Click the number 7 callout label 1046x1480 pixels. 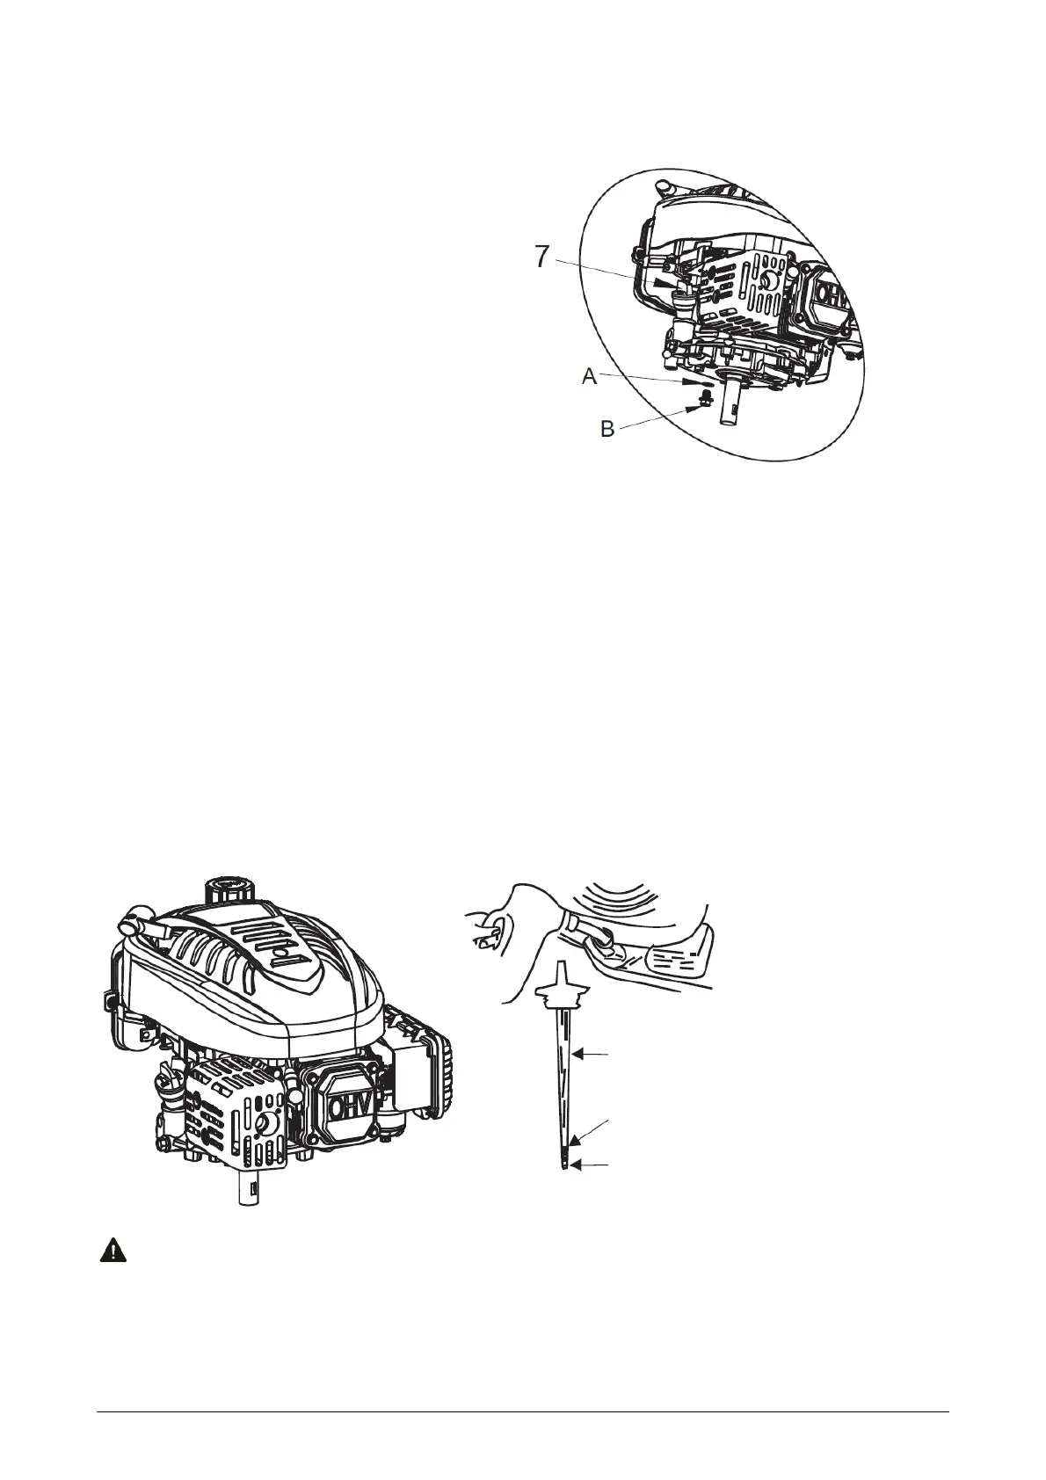pos(543,258)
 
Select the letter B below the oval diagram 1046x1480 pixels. pos(607,430)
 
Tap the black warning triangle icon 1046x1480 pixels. pos(112,1251)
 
